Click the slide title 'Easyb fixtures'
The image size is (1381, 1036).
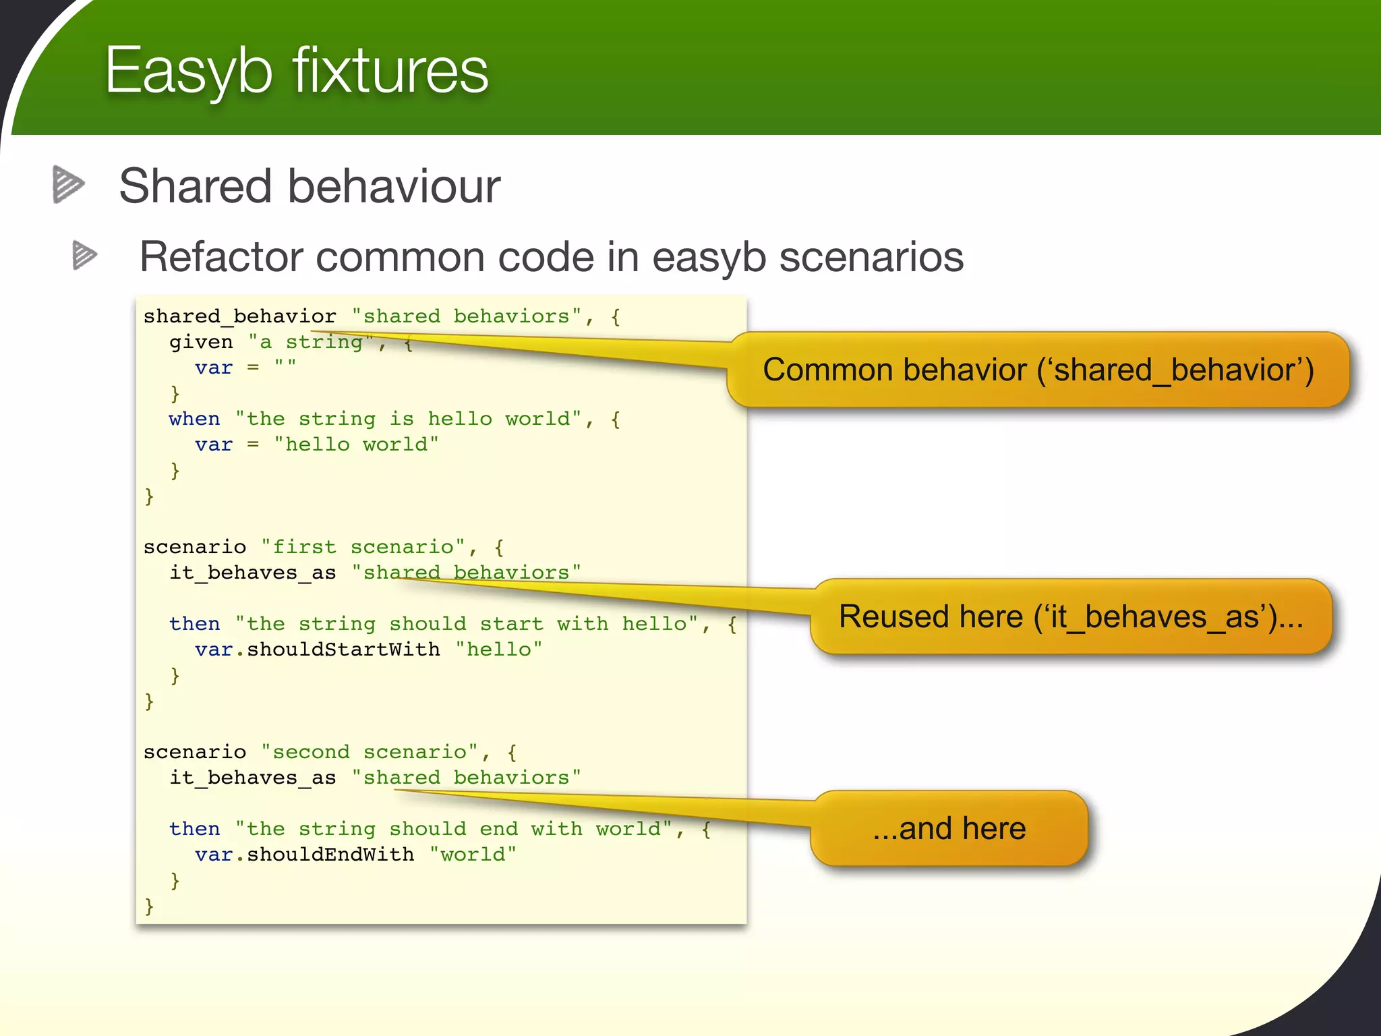(x=297, y=71)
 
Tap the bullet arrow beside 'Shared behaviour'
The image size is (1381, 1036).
(x=68, y=184)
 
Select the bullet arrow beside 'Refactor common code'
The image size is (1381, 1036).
(x=84, y=255)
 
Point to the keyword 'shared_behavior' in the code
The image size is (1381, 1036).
(x=239, y=316)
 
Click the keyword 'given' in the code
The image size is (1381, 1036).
(x=201, y=343)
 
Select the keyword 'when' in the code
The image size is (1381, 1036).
(x=194, y=419)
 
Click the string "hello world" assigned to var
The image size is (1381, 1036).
(x=356, y=444)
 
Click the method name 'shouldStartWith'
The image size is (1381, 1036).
(x=343, y=650)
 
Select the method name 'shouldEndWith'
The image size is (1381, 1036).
(x=330, y=855)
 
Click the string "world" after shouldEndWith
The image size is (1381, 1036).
(x=473, y=855)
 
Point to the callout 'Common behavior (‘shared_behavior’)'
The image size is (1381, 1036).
(x=1038, y=370)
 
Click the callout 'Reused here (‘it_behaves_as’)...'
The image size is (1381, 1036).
(x=1071, y=616)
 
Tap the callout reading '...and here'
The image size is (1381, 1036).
(x=949, y=828)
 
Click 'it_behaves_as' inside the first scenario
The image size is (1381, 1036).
(x=253, y=573)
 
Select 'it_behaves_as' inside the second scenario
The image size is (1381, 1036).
(x=253, y=778)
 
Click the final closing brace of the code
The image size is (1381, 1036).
(x=150, y=906)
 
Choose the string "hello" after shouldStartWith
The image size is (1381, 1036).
(x=498, y=650)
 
